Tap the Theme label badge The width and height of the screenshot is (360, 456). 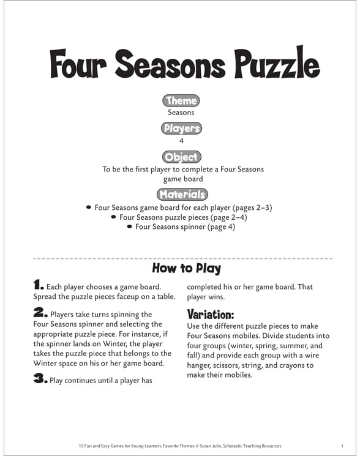pyautogui.click(x=181, y=101)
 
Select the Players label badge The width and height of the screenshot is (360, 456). pyautogui.click(x=181, y=129)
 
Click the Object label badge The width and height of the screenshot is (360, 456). pyautogui.click(x=181, y=157)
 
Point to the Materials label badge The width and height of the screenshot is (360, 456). pyautogui.click(x=181, y=195)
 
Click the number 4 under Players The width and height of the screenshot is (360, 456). pyautogui.click(x=181, y=141)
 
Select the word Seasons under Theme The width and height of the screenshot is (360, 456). pyautogui.click(x=181, y=113)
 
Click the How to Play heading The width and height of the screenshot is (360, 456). pyautogui.click(x=186, y=268)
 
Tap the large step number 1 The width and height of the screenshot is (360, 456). pyautogui.click(x=39, y=285)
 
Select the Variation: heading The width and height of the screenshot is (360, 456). pyautogui.click(x=211, y=315)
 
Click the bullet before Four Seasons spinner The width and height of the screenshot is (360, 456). pyautogui.click(x=129, y=226)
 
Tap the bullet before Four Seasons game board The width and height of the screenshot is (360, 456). pyautogui.click(x=89, y=207)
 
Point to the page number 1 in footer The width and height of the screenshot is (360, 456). pyautogui.click(x=342, y=445)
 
